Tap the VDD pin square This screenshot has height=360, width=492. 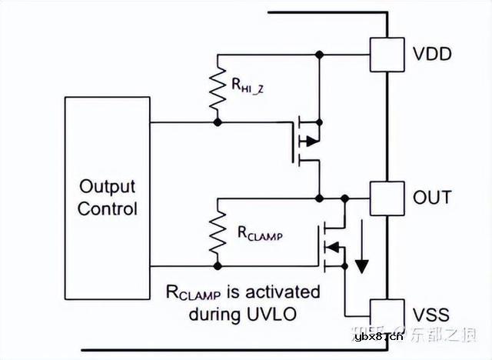(387, 55)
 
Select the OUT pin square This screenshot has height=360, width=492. (387, 198)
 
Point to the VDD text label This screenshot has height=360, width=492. (433, 55)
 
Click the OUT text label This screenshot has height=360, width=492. (432, 198)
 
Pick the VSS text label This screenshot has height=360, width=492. (431, 315)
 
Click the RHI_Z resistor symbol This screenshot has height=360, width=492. (218, 88)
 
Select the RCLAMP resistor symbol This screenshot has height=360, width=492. (218, 232)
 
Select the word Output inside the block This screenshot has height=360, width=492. (107, 187)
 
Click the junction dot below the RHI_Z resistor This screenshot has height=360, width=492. (218, 122)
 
